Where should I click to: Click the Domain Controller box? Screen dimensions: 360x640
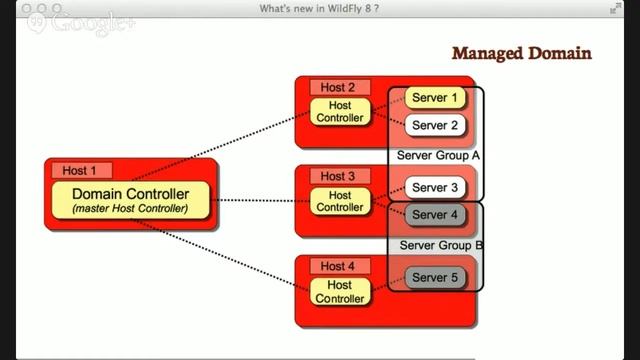130,199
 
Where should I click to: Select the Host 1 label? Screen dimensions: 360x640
80,170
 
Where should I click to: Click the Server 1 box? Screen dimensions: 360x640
435,98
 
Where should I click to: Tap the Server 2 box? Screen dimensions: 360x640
435,126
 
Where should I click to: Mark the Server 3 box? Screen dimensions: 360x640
435,187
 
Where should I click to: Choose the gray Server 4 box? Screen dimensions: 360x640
435,215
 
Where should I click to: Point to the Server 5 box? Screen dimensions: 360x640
435,277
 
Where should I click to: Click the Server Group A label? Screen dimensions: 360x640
438,156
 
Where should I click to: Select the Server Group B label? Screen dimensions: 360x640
441,245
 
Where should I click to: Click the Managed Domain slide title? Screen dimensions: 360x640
521,53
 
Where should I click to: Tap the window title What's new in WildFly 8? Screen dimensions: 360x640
319,9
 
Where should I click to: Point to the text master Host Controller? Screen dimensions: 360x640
130,208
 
